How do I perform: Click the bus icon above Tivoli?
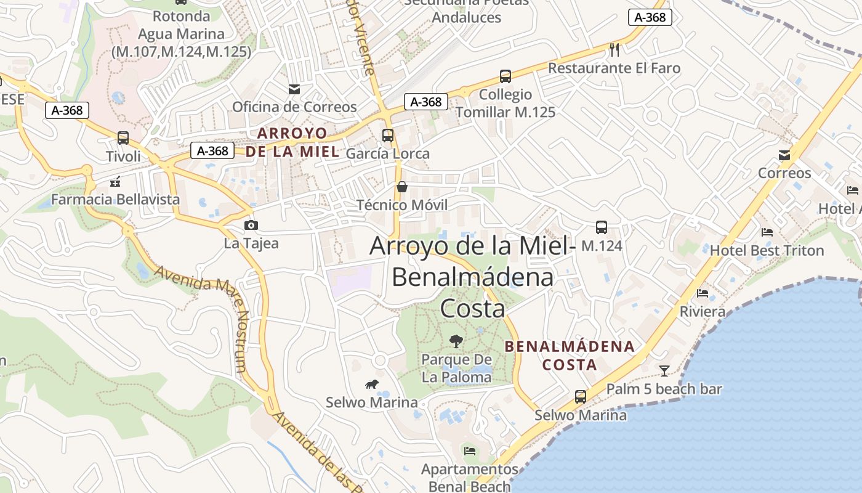(123, 138)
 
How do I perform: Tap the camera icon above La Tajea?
(251, 226)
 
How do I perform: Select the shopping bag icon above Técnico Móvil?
(402, 187)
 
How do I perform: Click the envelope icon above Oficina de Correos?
(294, 89)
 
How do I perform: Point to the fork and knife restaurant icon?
(614, 49)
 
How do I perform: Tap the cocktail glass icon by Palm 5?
(664, 370)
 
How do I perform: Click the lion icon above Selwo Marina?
(371, 385)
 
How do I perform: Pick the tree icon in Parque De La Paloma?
(456, 341)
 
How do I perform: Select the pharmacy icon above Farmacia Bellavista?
(115, 182)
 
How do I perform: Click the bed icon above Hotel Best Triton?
(767, 232)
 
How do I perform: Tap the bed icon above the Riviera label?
(703, 293)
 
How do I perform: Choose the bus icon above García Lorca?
(388, 136)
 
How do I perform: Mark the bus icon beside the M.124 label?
(602, 227)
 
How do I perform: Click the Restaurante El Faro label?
(614, 68)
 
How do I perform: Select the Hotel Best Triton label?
(767, 250)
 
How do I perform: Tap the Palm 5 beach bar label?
(664, 389)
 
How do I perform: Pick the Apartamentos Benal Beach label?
(470, 478)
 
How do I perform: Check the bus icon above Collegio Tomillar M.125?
(506, 76)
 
